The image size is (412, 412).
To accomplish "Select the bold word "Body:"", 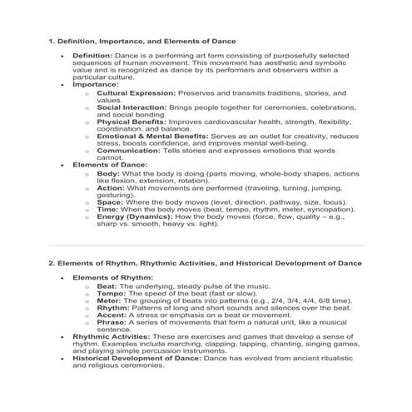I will click(109, 173).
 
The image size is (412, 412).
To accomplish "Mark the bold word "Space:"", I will click(111, 201).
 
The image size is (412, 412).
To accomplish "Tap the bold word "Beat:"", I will click(109, 285).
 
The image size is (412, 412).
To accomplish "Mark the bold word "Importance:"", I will click(96, 84).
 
